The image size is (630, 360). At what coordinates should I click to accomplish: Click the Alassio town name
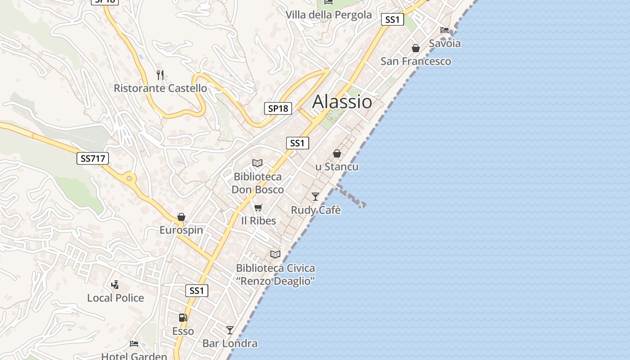pos(342,102)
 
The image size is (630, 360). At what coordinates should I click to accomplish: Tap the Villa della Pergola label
pos(328,15)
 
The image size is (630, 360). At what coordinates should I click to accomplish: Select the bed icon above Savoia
pos(445,30)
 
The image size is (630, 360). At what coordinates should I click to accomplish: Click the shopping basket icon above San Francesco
pos(416,48)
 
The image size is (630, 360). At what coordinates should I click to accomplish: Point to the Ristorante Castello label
pos(160,88)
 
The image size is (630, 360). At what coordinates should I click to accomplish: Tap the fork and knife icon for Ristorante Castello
pos(160,75)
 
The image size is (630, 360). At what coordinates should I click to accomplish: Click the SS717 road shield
pos(93,158)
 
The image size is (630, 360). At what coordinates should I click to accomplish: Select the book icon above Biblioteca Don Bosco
pos(257,163)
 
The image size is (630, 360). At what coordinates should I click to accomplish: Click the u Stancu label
pos(337,167)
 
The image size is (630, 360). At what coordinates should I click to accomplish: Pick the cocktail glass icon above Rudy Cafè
pos(315,197)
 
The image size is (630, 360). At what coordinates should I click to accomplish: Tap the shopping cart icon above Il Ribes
pos(258,207)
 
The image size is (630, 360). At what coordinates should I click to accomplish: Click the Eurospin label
pos(181,230)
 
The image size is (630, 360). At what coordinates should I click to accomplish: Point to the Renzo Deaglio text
pos(275,281)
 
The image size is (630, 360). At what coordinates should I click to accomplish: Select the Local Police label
pos(116,298)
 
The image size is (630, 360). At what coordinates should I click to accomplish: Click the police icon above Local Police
pos(115,284)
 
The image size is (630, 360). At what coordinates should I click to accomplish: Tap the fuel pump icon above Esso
pos(183,318)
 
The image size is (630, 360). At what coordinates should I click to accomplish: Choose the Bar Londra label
pos(230,344)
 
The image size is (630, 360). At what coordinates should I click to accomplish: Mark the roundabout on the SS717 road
pos(130,179)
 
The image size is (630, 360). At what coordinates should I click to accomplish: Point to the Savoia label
pos(445,44)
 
